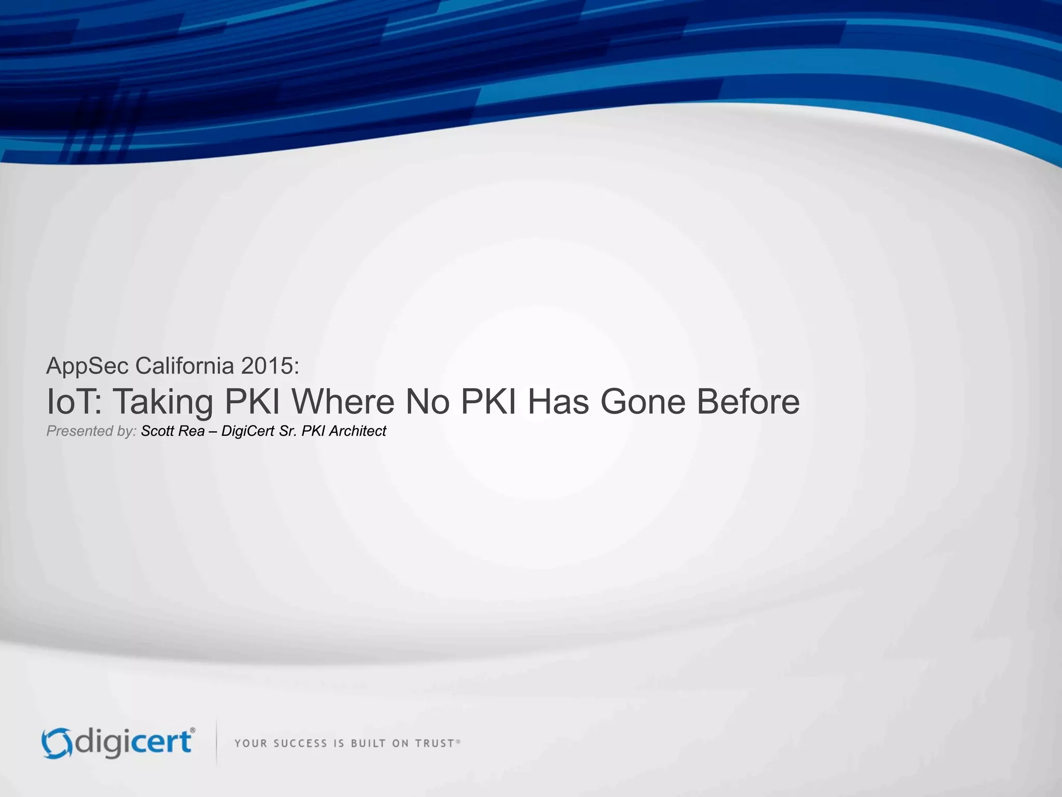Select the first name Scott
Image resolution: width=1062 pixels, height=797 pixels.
(157, 431)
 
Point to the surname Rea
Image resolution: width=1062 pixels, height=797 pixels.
(191, 431)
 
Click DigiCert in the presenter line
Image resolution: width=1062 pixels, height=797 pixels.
(248, 431)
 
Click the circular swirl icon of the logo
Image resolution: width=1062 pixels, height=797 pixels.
(56, 744)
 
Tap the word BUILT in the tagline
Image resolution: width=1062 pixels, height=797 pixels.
(368, 744)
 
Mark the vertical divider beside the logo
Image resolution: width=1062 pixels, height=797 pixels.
(216, 743)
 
